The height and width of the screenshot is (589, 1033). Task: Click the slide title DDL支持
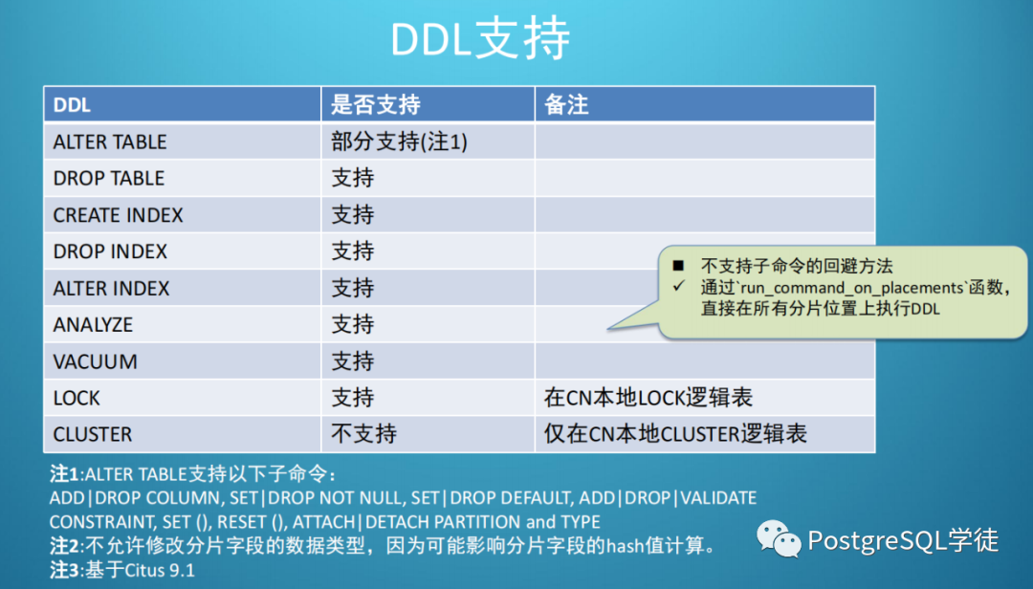(480, 39)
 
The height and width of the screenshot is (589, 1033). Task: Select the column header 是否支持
(376, 105)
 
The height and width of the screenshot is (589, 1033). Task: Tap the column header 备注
(566, 105)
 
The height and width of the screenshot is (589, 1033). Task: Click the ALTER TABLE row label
(110, 142)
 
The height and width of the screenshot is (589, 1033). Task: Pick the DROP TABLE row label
(109, 178)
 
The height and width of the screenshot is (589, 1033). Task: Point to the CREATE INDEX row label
(118, 215)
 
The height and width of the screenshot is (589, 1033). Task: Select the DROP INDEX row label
(110, 251)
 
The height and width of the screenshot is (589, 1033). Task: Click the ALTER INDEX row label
(111, 288)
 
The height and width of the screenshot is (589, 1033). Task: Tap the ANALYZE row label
(93, 325)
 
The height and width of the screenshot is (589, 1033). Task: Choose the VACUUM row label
(95, 361)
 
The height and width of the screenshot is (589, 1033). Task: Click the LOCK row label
(77, 398)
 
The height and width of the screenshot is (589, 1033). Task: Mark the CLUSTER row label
(92, 434)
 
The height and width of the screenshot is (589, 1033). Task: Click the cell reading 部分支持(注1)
(399, 142)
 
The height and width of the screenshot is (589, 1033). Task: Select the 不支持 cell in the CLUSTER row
(363, 433)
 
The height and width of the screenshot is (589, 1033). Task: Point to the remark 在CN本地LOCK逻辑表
(648, 397)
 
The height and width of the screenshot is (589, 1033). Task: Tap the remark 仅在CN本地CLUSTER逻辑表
(675, 433)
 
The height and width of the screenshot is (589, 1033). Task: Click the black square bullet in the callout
(678, 266)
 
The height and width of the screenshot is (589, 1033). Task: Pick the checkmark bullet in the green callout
(678, 287)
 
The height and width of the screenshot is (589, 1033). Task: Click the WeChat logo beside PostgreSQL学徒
(778, 538)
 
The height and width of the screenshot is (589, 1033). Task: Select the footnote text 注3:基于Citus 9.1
(122, 570)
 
